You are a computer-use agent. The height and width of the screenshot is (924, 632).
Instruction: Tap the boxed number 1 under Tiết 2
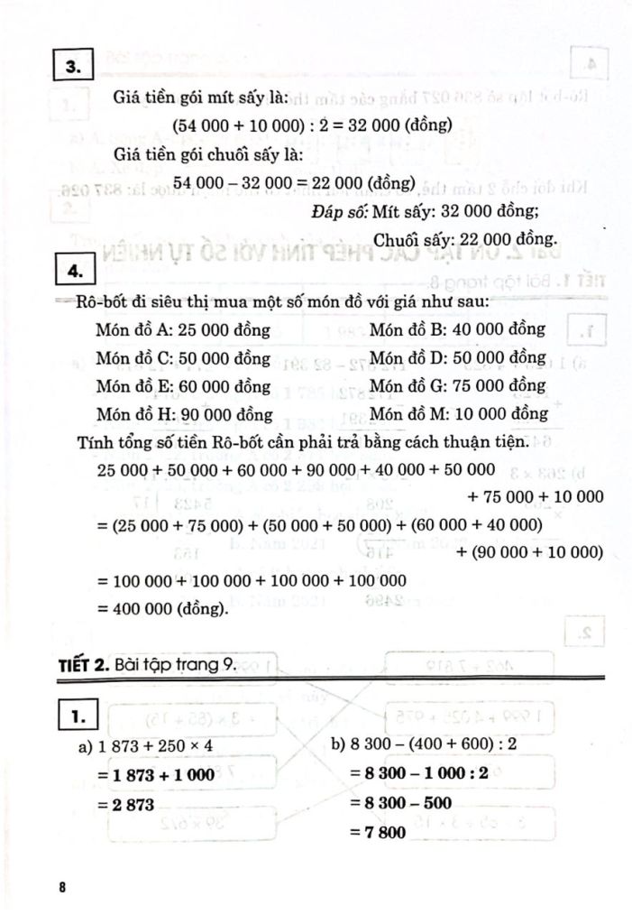[x=73, y=718]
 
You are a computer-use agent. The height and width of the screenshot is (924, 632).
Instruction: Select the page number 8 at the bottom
[x=61, y=887]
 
